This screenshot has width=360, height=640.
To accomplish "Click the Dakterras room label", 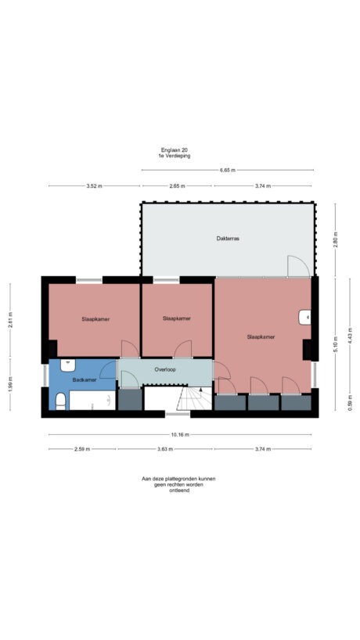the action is pyautogui.click(x=227, y=239).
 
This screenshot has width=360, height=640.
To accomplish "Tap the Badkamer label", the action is pyautogui.click(x=85, y=380).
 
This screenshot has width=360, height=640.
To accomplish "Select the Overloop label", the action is pyautogui.click(x=165, y=370).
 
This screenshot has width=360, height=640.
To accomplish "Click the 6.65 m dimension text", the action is pyautogui.click(x=228, y=171).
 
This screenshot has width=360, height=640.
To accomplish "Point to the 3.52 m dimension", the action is pyautogui.click(x=94, y=186).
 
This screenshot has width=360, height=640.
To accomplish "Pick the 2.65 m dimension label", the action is pyautogui.click(x=177, y=186).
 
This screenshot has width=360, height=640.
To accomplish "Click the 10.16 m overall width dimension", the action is pyautogui.click(x=180, y=435).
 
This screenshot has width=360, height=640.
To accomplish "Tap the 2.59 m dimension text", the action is pyautogui.click(x=82, y=449).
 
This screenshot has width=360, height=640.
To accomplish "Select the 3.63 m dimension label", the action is pyautogui.click(x=165, y=449).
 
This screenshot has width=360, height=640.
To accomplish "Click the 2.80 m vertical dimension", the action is pyautogui.click(x=336, y=240).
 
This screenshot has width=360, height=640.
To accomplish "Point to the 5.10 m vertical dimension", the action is pyautogui.click(x=336, y=344).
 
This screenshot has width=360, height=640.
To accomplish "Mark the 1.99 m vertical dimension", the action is pyautogui.click(x=11, y=384).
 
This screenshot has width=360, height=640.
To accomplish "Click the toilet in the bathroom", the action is pyautogui.click(x=60, y=401).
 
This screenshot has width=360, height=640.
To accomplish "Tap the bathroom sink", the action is pyautogui.click(x=67, y=365).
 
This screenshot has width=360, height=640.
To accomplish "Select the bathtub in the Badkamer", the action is pyautogui.click(x=92, y=401).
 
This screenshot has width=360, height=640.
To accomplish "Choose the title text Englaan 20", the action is pyautogui.click(x=175, y=149).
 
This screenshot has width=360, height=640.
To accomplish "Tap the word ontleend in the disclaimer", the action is pyautogui.click(x=179, y=491).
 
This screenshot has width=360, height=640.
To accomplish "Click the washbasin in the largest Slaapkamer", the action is pyautogui.click(x=304, y=317).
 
